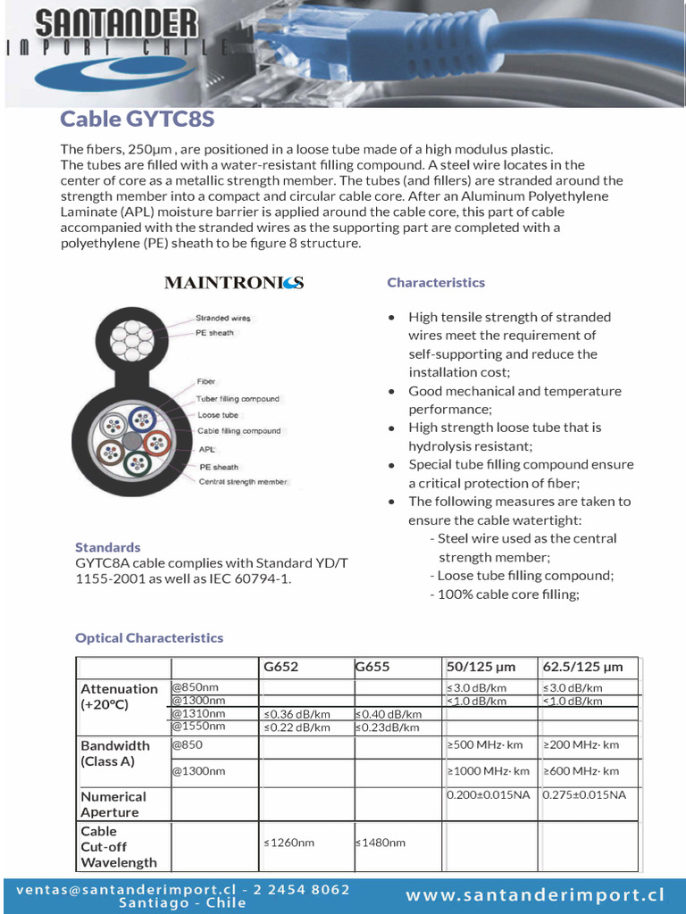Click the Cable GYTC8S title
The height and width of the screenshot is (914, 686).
click(x=137, y=120)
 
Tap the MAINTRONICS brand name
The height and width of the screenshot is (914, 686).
click(x=234, y=283)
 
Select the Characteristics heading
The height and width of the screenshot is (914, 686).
click(x=436, y=282)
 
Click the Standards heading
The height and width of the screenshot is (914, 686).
click(x=107, y=547)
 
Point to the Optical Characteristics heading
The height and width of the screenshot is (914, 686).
click(x=149, y=637)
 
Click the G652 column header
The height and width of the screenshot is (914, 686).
click(x=280, y=667)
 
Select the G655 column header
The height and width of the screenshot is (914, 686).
click(x=372, y=667)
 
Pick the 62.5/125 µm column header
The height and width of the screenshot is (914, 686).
click(x=582, y=667)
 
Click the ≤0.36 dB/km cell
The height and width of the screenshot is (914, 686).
click(x=297, y=714)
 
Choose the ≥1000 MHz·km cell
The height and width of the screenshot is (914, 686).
click(x=488, y=771)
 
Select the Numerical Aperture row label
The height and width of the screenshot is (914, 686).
click(x=113, y=804)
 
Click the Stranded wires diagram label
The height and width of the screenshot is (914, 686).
click(x=223, y=318)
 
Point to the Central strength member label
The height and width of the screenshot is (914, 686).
click(x=243, y=481)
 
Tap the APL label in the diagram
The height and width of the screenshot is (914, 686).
click(x=206, y=450)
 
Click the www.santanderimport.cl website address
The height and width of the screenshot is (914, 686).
click(x=536, y=895)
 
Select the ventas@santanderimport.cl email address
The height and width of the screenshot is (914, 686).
click(x=125, y=890)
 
